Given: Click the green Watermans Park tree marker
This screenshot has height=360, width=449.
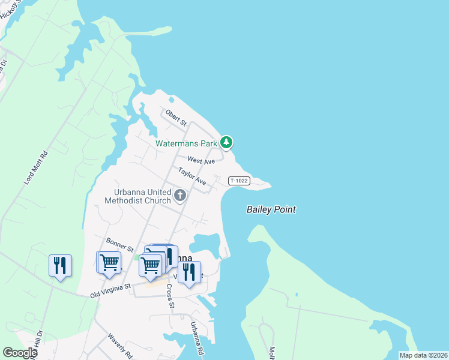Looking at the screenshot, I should [226, 142].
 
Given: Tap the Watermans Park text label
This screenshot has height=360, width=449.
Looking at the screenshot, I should [185, 144].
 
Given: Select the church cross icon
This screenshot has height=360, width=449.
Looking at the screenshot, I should [179, 196].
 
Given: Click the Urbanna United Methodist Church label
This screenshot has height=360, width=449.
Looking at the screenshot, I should [137, 196].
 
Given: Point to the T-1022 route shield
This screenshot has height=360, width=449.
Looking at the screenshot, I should [238, 181].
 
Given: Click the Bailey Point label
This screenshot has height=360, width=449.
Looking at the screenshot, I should [271, 209].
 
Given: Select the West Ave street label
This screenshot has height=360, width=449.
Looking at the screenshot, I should [201, 161].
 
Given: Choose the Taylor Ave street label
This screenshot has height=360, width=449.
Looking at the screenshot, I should [192, 176].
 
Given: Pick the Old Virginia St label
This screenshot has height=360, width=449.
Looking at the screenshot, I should [110, 291].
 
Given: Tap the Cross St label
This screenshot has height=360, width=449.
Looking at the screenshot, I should [170, 296].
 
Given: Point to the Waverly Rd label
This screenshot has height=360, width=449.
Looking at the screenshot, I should [120, 346].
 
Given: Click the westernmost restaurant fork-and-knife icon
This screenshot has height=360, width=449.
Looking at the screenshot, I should [60, 265].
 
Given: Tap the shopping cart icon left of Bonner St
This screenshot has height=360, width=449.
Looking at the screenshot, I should [109, 262].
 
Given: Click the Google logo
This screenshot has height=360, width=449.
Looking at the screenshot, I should [20, 353].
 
